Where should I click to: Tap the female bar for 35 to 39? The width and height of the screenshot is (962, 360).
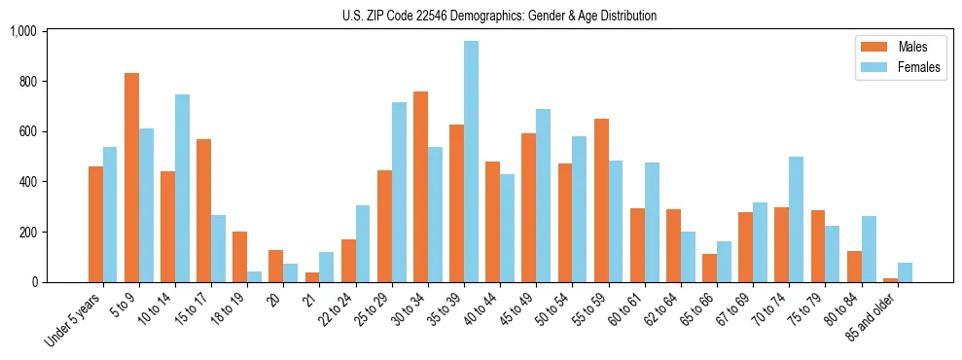pyautogui.click(x=471, y=162)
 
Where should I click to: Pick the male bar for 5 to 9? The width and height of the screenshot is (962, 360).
pyautogui.click(x=131, y=177)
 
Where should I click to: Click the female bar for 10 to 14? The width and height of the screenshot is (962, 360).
pyautogui.click(x=182, y=188)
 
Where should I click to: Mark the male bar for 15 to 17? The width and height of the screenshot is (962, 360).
pyautogui.click(x=203, y=210)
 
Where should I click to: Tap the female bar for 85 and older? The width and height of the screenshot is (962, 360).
pyautogui.click(x=905, y=272)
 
